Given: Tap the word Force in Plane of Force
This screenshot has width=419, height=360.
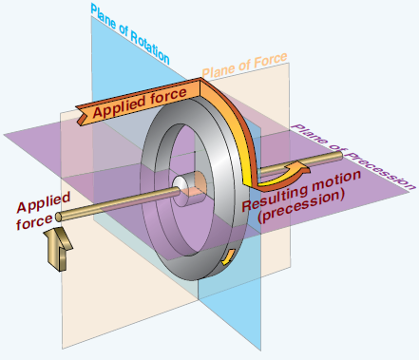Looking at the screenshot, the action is (271, 61).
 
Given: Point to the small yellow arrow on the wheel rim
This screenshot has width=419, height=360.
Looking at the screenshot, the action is (228, 257).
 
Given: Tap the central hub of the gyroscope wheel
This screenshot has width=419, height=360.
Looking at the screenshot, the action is (189, 189).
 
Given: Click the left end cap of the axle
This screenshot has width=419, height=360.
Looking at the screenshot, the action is (59, 217).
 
